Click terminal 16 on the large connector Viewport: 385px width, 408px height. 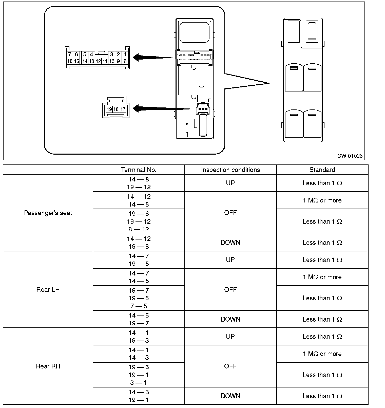70,61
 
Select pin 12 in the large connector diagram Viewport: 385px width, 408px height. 98,61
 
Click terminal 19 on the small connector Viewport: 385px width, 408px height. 109,109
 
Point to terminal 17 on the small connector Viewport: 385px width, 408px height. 123,109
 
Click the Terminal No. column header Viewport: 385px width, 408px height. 139,170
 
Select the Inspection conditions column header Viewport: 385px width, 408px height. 230,170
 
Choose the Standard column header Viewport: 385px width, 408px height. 322,170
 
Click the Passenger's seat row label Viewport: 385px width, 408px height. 48,213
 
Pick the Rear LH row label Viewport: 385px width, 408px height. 48,289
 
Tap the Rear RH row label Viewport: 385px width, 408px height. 48,366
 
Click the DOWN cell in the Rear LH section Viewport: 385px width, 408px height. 230,319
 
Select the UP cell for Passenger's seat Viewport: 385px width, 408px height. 230,183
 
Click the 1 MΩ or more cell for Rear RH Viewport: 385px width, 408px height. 322,354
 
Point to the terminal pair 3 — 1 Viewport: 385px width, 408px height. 139,383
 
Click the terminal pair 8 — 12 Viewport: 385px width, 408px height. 139,229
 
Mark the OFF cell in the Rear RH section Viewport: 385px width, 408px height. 230,366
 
